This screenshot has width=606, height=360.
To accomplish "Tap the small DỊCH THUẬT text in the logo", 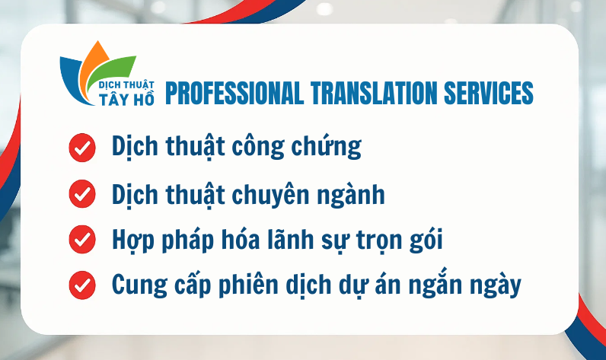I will (x=127, y=87).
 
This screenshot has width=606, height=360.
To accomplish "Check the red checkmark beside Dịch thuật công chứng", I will (x=81, y=147).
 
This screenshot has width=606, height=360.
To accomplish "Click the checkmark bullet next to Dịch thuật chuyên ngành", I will (x=81, y=194).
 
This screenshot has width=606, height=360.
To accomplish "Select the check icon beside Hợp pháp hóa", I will (x=81, y=240).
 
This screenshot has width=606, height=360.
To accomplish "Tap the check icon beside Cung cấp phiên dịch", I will (x=81, y=286).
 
